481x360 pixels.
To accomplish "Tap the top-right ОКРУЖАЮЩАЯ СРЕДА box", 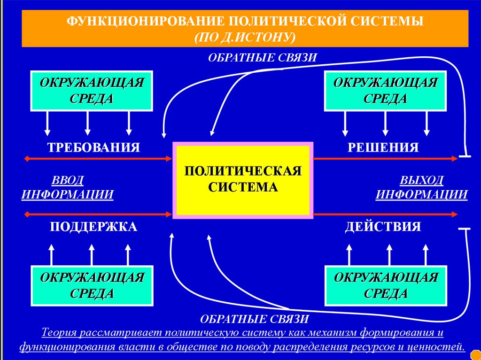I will (x=385, y=91).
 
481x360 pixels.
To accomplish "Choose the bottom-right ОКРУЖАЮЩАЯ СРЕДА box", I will (x=385, y=285).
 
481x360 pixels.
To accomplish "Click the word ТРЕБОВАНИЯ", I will (x=93, y=147).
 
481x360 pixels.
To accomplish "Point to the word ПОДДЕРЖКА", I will (x=93, y=227).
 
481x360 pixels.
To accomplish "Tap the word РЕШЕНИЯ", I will (x=383, y=147).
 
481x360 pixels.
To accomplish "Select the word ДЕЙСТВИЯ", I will (x=383, y=227).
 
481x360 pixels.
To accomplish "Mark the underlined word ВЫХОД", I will (x=421, y=180).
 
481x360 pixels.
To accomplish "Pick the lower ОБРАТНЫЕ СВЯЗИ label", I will (x=255, y=320).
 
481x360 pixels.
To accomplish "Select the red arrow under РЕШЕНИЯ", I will (x=385, y=159).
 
